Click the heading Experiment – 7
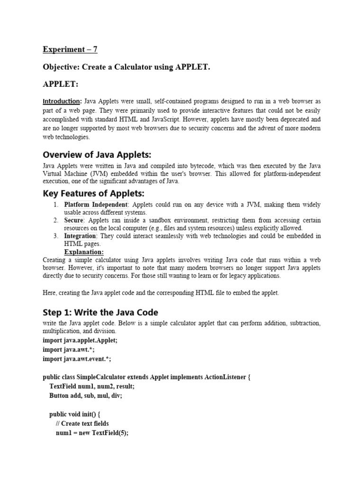click(x=70, y=49)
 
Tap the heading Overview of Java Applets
click(x=97, y=155)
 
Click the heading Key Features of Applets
click(x=94, y=194)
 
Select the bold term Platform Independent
click(x=96, y=205)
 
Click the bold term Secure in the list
click(x=74, y=220)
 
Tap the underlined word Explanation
click(x=84, y=252)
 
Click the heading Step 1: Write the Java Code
click(x=100, y=312)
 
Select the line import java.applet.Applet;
click(x=80, y=340)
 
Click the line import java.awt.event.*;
click(x=77, y=359)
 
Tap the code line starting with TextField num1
click(x=88, y=386)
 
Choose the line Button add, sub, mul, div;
click(x=85, y=395)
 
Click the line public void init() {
click(x=75, y=414)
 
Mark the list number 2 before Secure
click(x=55, y=220)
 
